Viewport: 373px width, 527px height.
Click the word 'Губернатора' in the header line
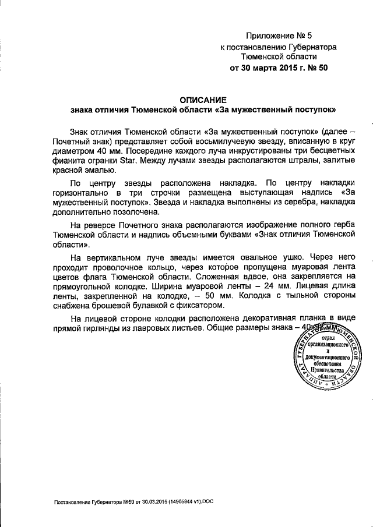[310, 47]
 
